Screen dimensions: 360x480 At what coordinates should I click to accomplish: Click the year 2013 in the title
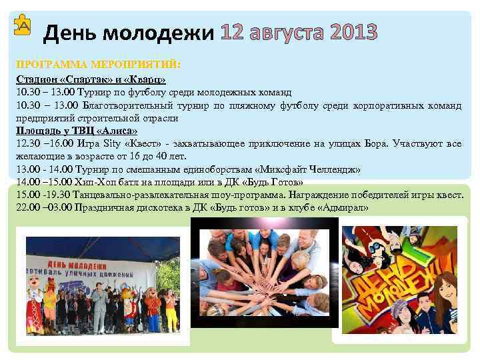click(x=348, y=31)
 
